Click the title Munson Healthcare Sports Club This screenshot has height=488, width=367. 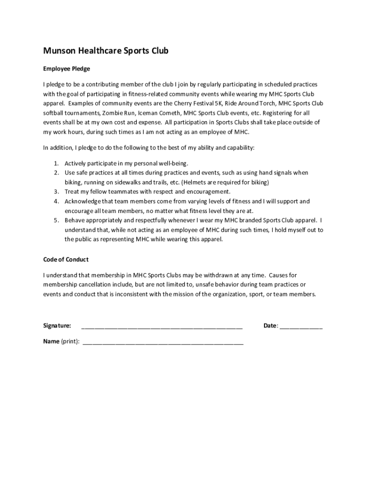(x=105, y=51)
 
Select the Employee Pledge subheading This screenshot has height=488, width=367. (x=66, y=69)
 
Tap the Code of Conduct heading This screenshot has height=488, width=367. (x=66, y=260)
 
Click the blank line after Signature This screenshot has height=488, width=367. (x=162, y=326)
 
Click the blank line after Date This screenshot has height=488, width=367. (x=301, y=326)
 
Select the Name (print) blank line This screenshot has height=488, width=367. (x=163, y=342)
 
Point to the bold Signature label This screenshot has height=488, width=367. (x=57, y=326)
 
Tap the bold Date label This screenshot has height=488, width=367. (x=270, y=326)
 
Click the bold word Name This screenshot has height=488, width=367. (x=51, y=341)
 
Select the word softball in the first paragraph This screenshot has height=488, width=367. (x=55, y=113)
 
